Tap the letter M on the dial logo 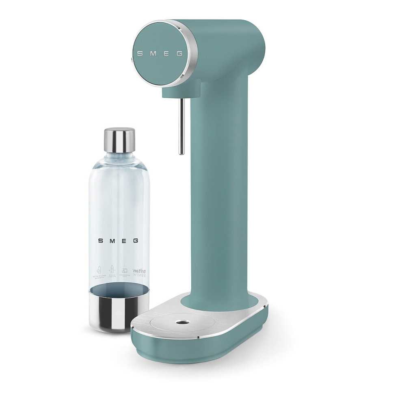(152, 53)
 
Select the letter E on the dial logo (165, 53)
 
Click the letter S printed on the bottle (100, 240)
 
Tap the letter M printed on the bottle (112, 240)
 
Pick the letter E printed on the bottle (124, 240)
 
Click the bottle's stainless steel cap (119, 140)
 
